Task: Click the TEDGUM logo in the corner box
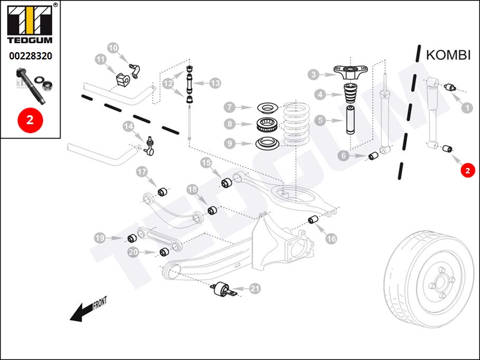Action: click(29, 24)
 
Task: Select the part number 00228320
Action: click(31, 56)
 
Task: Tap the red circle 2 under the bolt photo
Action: click(30, 120)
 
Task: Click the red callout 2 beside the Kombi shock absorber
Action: click(467, 170)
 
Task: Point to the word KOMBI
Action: click(448, 55)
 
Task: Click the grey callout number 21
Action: click(255, 289)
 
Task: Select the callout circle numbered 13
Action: click(215, 83)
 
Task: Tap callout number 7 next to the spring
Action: click(230, 107)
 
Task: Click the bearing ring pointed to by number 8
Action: click(267, 125)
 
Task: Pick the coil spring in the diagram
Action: click(296, 124)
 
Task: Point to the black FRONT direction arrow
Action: click(88, 309)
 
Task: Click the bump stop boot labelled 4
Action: click(349, 93)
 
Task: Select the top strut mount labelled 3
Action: click(350, 72)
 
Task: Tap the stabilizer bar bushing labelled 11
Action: click(123, 80)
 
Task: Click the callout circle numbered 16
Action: click(331, 238)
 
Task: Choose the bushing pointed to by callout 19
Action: click(132, 238)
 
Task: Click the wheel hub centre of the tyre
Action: click(441, 281)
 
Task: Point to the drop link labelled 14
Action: click(149, 145)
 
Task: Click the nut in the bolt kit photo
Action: click(47, 85)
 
